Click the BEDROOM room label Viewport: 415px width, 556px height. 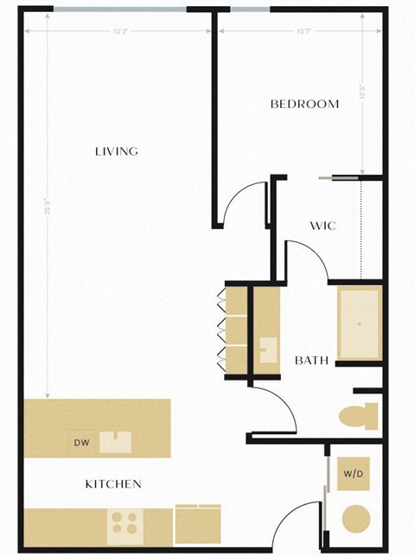click(x=304, y=104)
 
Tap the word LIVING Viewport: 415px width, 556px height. click(x=116, y=151)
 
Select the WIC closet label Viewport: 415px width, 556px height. click(x=322, y=226)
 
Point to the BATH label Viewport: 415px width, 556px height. click(x=311, y=361)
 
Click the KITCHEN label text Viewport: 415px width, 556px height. click(x=112, y=484)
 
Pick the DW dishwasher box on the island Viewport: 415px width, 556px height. click(x=81, y=443)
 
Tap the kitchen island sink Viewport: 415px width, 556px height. click(x=115, y=442)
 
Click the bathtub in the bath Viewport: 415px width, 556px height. click(x=358, y=323)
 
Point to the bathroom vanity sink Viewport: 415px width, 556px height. click(x=266, y=351)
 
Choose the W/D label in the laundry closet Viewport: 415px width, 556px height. click(x=353, y=474)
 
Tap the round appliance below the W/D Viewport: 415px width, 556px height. click(x=356, y=521)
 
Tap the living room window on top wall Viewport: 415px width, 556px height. click(x=119, y=10)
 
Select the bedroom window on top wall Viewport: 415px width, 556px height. click(x=250, y=10)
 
